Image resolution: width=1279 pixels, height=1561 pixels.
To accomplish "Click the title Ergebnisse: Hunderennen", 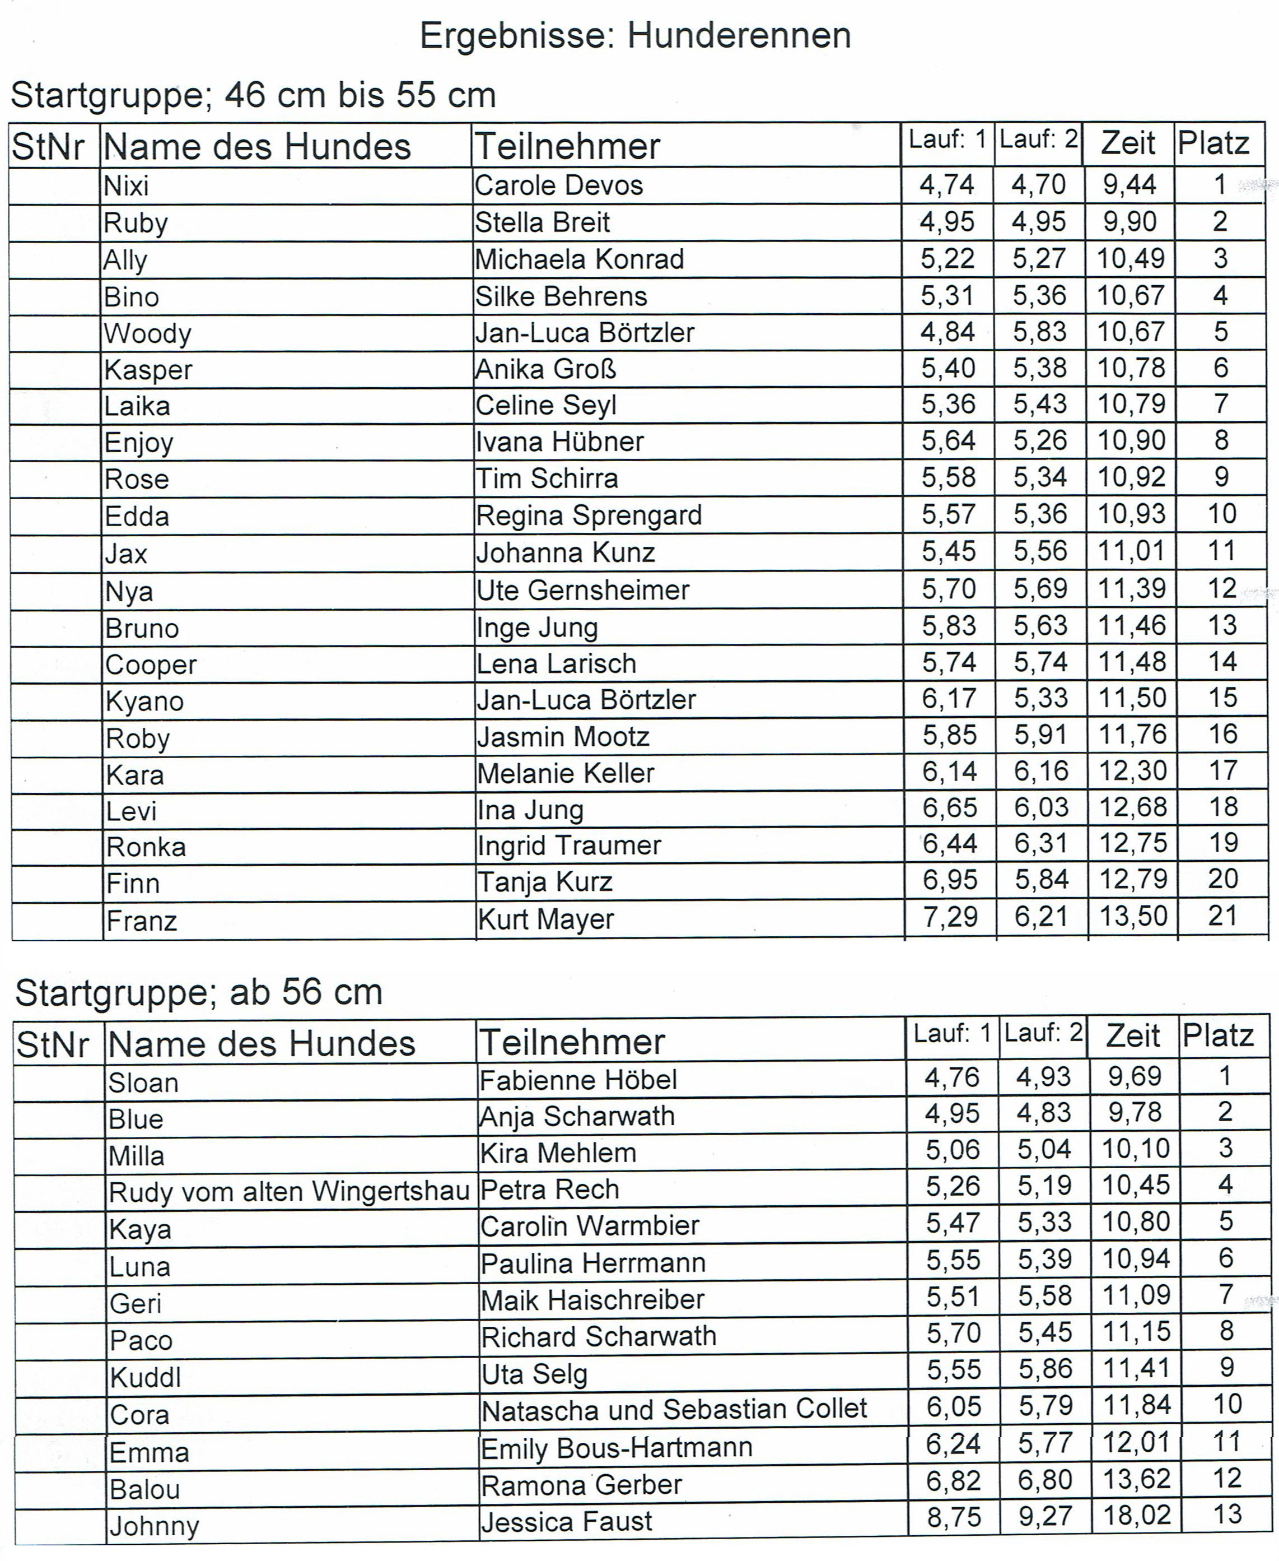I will [x=635, y=35].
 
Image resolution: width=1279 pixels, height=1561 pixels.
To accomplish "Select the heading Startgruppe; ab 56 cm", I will [x=199, y=992].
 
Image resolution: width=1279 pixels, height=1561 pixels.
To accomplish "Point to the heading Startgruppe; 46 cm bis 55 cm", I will [x=254, y=95].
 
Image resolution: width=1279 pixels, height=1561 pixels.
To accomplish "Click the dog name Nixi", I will [x=126, y=185].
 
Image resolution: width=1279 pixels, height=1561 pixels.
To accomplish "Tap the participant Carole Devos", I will [x=558, y=185].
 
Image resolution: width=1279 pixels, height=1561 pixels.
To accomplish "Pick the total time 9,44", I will [x=1129, y=184].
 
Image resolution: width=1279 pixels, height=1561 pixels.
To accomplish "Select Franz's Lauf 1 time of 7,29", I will [x=950, y=916].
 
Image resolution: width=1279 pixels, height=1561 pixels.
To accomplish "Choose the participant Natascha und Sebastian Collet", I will [x=674, y=1409].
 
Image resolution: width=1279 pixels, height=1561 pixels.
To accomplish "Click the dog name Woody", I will [x=147, y=333].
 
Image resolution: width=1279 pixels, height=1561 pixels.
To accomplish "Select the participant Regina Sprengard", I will [x=589, y=515].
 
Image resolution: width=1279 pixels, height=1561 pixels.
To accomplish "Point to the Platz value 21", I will [x=1222, y=916].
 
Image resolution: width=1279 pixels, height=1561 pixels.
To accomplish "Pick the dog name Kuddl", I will [x=145, y=1377].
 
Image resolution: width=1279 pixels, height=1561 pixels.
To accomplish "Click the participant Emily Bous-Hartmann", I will [x=616, y=1447].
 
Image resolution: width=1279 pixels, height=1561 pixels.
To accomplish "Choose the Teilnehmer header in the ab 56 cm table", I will [x=572, y=1042].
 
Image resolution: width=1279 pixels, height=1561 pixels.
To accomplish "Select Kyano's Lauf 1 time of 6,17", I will [x=949, y=698].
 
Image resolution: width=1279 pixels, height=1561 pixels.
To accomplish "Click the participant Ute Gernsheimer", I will [x=582, y=589].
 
